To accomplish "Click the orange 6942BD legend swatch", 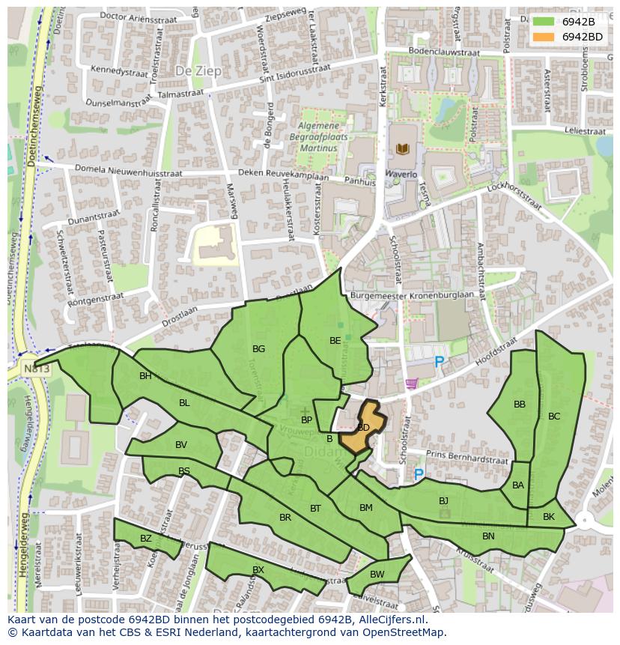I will click(x=544, y=36).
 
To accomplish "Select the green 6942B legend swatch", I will click(x=544, y=22).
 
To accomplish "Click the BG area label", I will click(x=258, y=349).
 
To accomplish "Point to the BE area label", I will click(x=335, y=341).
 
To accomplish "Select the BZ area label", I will click(x=145, y=539).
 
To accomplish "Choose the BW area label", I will click(x=377, y=575).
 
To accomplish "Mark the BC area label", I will click(x=554, y=417).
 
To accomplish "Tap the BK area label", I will click(x=549, y=517).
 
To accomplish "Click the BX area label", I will click(x=258, y=570).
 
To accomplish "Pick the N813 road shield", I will click(x=36, y=369).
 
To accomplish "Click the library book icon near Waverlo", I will click(x=402, y=149).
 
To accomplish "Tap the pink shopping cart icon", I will click(x=411, y=384).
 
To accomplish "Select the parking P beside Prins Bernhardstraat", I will click(x=419, y=474).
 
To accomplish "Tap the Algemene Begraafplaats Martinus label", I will click(x=317, y=137).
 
